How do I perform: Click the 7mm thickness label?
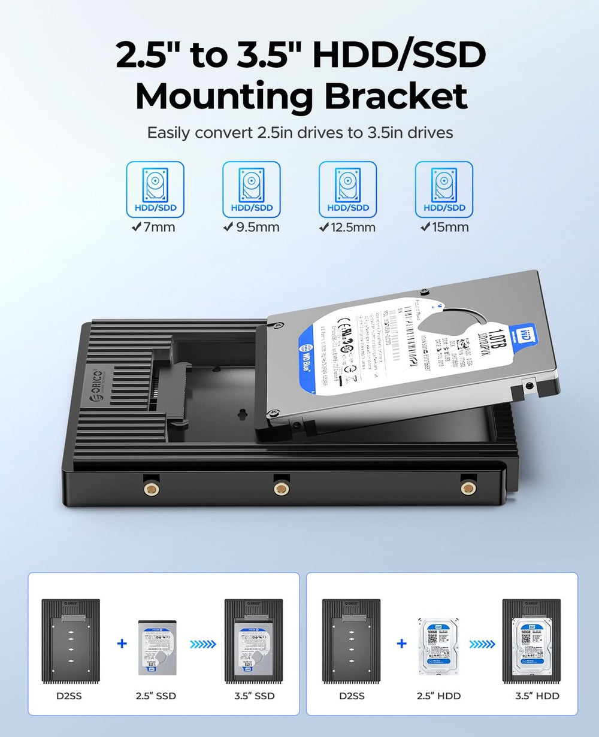coord(155,228)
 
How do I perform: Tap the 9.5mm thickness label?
coord(251,228)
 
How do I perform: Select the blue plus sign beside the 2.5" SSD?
coord(122,644)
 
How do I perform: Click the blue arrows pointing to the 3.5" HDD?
coord(482,644)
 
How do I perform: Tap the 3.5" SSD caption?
coord(254,696)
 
